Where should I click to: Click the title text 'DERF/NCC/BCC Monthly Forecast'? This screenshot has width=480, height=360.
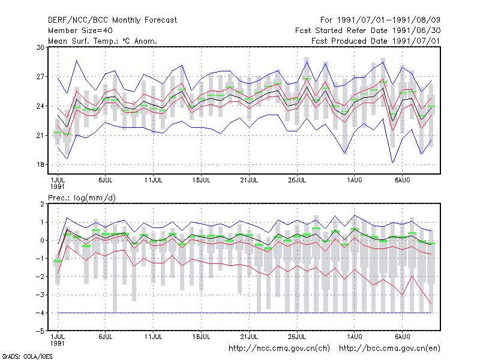[x=112, y=20]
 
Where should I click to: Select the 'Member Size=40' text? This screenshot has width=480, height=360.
[x=80, y=31]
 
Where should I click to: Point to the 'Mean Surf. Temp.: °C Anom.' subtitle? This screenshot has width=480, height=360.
[x=103, y=41]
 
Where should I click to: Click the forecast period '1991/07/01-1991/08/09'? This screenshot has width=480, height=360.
[x=388, y=20]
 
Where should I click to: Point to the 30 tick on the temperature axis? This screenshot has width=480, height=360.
[x=40, y=47]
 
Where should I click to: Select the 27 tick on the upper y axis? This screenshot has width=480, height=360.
[x=40, y=77]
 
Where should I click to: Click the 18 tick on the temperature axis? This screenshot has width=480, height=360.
[x=40, y=164]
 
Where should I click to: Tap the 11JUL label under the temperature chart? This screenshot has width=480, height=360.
[x=154, y=181]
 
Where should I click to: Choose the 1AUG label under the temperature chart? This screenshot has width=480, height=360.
[x=355, y=181]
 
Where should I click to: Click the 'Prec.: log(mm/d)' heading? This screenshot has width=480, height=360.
[x=82, y=198]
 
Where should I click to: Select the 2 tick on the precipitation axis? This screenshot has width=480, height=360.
[x=42, y=204]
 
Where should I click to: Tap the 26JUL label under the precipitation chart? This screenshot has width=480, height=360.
[x=297, y=337]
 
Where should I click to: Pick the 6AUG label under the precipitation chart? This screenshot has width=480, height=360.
[x=402, y=337]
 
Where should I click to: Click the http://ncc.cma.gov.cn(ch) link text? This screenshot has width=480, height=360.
[x=279, y=349]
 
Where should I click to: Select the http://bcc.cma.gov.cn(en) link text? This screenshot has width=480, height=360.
[x=389, y=349]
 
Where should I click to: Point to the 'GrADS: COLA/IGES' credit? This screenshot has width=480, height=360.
[x=27, y=356]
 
